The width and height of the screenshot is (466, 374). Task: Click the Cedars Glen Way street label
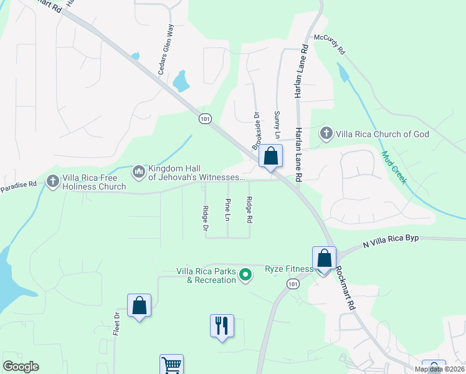coord(168,50)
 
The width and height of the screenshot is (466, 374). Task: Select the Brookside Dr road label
coord(255,131)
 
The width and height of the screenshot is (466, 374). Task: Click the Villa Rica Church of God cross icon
coord(326,133)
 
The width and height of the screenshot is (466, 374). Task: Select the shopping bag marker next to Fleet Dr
coord(139,306)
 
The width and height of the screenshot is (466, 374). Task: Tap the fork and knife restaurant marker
coord(222,325)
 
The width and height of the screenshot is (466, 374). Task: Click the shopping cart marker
coord(172,365)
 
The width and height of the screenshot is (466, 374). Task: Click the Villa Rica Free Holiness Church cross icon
coord(53,181)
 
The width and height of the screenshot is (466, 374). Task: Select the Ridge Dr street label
coord(205,218)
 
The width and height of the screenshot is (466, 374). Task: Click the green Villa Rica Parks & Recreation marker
coord(246,274)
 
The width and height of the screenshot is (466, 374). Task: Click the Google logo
coord(21,367)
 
